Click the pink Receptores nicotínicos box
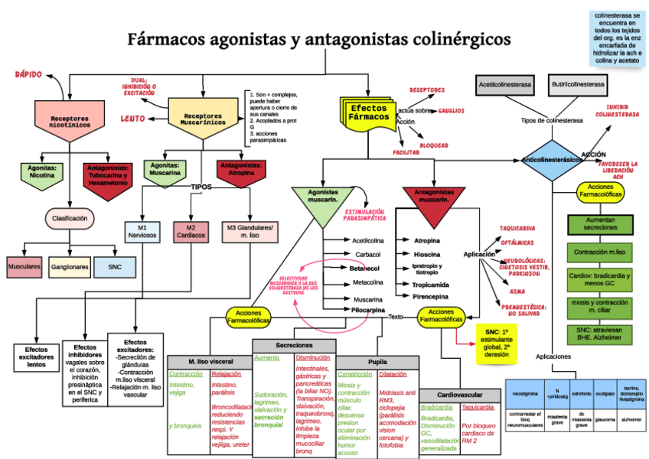(70, 121)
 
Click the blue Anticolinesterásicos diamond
(551, 160)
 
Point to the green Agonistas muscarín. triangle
(323, 200)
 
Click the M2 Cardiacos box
(191, 231)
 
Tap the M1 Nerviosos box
(142, 231)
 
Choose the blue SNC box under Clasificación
(115, 267)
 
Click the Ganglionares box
(70, 267)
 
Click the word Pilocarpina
(368, 310)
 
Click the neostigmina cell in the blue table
(524, 394)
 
